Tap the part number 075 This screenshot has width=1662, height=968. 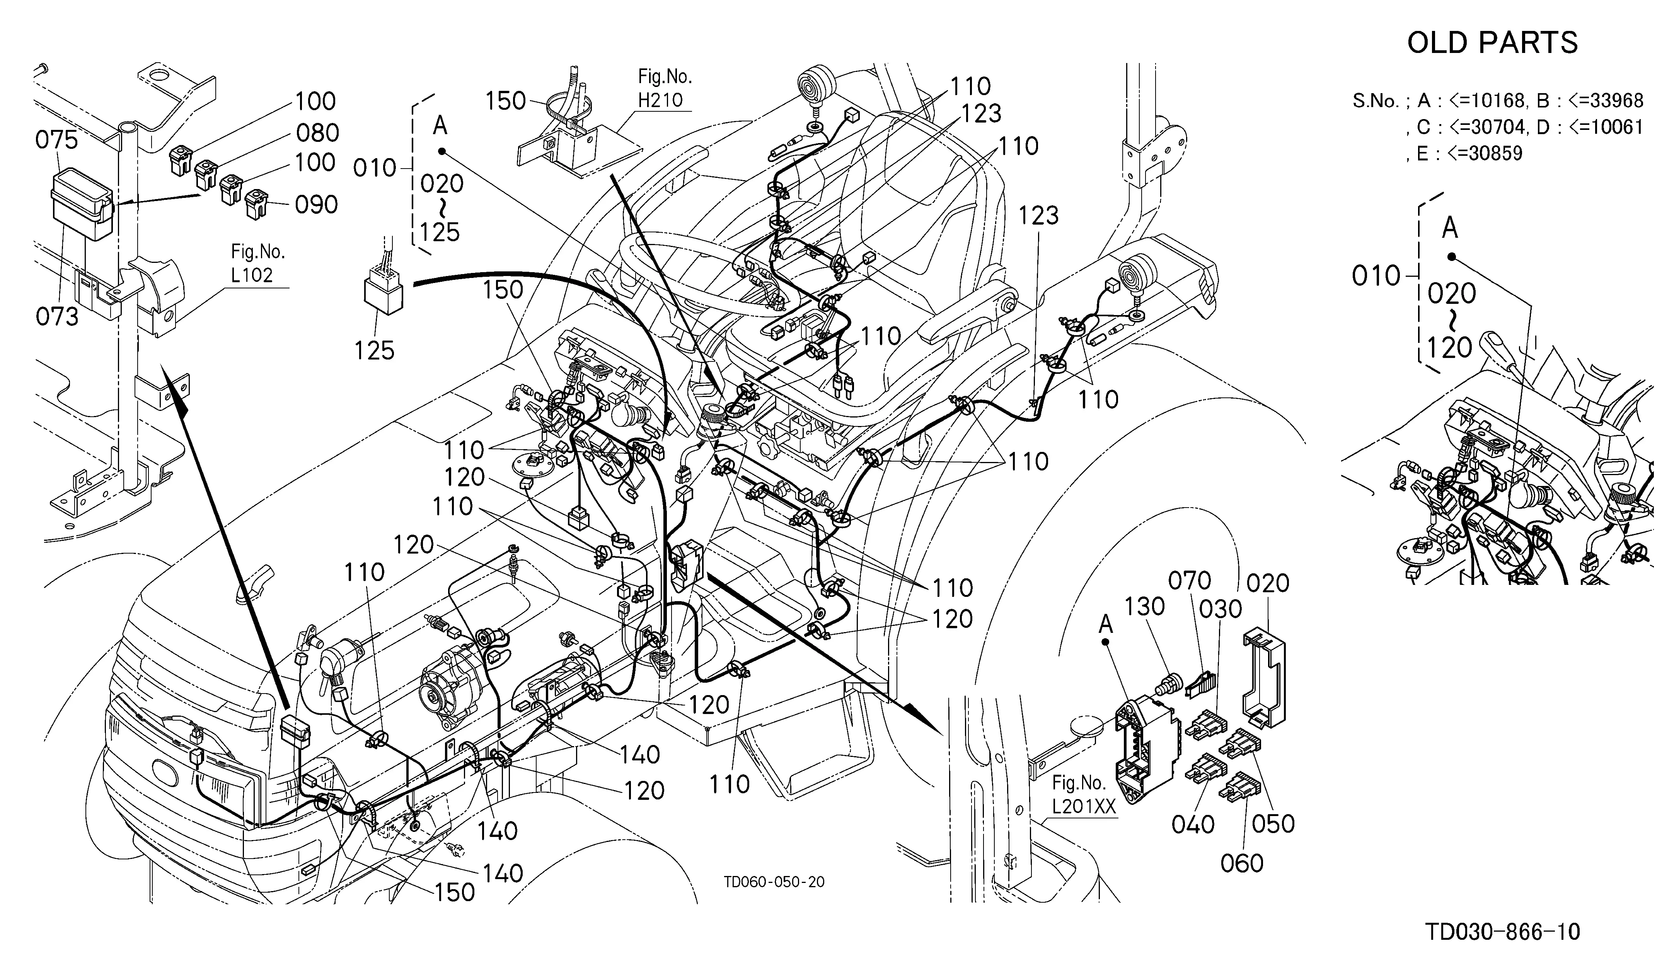(57, 140)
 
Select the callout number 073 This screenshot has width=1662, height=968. (57, 317)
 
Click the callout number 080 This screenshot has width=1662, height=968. (317, 133)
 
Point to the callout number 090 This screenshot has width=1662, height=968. (317, 205)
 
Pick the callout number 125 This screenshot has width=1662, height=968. (375, 351)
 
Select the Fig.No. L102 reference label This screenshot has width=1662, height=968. (258, 263)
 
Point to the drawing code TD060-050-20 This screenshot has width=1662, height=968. (774, 882)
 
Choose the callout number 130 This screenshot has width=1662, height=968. (1144, 607)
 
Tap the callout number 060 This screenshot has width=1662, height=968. (1242, 864)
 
